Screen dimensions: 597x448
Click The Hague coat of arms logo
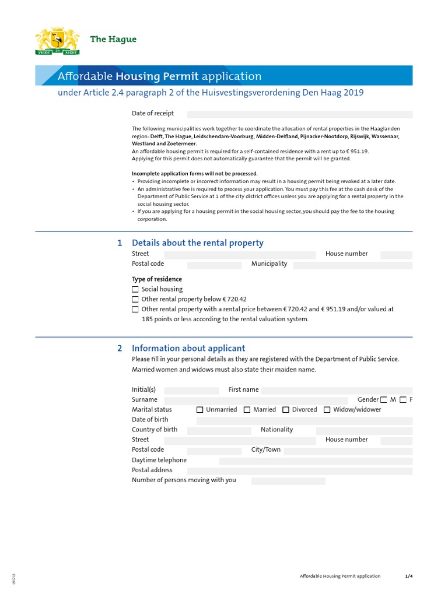tap(57, 41)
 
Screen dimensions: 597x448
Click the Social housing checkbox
tap(135, 289)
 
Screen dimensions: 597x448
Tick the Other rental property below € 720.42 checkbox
tap(135, 299)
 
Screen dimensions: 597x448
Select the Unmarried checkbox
tap(200, 410)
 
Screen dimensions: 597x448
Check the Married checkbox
tap(247, 410)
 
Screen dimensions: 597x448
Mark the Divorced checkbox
tap(286, 410)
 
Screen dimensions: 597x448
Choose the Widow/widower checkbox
tap(327, 410)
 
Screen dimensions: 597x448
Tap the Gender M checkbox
tap(383, 400)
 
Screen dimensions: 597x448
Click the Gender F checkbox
tap(403, 400)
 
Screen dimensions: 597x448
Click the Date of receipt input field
tap(299, 114)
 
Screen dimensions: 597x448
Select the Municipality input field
tap(352, 265)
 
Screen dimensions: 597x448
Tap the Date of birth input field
tap(304, 420)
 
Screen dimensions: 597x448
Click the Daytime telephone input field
tap(315, 461)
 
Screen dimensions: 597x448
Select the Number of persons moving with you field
tap(288, 481)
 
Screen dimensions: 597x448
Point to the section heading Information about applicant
tap(188, 348)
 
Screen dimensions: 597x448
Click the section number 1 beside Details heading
tap(120, 243)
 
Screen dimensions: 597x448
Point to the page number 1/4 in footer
tap(408, 576)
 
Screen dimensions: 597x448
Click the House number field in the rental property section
tap(395, 255)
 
